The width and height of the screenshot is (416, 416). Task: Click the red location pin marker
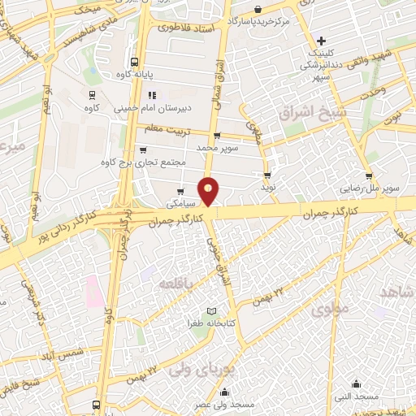pyautogui.click(x=210, y=191)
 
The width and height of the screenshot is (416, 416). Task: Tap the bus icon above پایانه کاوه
pyautogui.click(x=134, y=61)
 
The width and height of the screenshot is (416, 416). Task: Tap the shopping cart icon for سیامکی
pyautogui.click(x=180, y=191)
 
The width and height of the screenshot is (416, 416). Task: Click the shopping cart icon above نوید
pyautogui.click(x=266, y=175)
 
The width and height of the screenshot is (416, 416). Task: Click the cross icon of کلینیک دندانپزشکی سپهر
pyautogui.click(x=323, y=41)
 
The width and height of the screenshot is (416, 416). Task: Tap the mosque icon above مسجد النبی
pyautogui.click(x=355, y=383)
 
